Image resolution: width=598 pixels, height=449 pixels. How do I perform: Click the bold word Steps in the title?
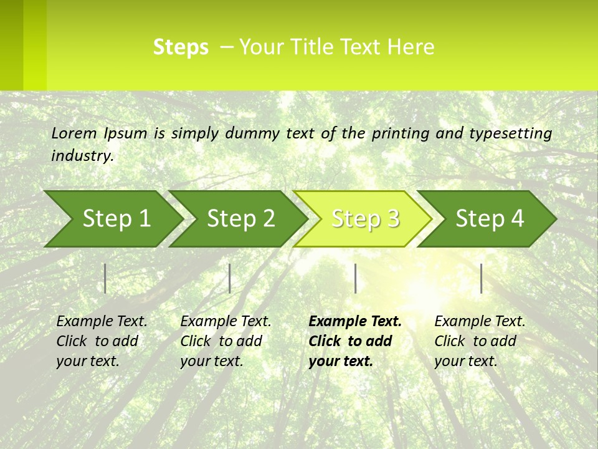(x=181, y=47)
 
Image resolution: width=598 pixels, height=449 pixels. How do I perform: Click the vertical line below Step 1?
(x=105, y=278)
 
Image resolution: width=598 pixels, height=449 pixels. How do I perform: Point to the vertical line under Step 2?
(x=230, y=278)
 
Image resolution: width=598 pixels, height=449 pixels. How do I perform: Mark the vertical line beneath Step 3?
(x=355, y=278)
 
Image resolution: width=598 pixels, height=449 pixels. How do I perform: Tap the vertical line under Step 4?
(x=481, y=278)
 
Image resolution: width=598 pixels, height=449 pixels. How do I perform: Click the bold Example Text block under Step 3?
(x=355, y=341)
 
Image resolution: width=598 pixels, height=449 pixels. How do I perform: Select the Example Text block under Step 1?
(x=102, y=341)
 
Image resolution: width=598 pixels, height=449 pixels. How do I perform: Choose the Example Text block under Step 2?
(x=225, y=341)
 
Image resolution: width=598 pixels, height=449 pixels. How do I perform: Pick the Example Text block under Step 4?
(x=480, y=341)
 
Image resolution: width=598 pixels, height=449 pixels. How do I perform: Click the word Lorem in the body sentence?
(x=74, y=133)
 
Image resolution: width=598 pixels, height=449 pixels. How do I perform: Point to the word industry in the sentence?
(x=82, y=156)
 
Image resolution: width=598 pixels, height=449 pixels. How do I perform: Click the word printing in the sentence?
(x=401, y=133)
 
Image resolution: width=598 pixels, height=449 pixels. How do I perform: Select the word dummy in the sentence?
(x=252, y=133)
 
